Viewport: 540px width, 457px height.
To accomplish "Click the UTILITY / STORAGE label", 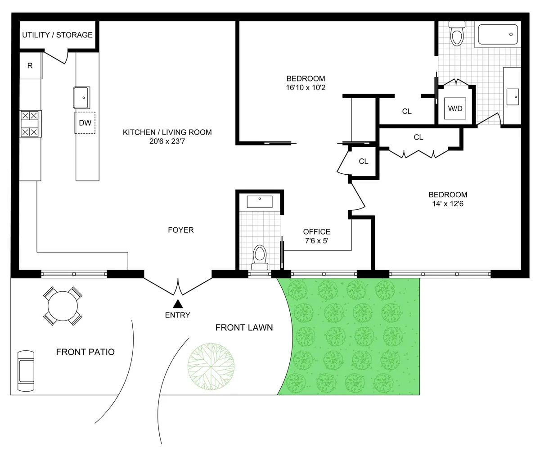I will (x=57, y=35).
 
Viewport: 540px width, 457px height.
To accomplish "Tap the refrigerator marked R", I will (x=30, y=66).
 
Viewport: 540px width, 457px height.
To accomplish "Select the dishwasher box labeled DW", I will (x=85, y=123).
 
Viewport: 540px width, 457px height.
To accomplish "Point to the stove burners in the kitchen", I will (x=30, y=124).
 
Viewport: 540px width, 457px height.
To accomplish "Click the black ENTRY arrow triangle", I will (x=178, y=304).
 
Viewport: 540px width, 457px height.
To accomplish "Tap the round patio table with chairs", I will (x=63, y=307).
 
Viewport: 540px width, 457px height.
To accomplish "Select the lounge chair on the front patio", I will (x=25, y=370).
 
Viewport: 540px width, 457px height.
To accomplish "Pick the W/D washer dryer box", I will (x=455, y=109).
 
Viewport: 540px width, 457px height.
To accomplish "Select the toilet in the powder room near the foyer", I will (x=260, y=257).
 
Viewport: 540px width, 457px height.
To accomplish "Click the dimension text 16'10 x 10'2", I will (x=306, y=87).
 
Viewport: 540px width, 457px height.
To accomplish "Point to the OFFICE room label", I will (x=317, y=232).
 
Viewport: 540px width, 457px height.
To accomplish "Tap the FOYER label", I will (x=180, y=230).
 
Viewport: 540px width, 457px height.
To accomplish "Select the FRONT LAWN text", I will (x=244, y=327).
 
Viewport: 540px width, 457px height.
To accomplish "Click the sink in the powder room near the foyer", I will (x=260, y=201).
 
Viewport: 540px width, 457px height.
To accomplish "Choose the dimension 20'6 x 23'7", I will (x=167, y=141).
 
